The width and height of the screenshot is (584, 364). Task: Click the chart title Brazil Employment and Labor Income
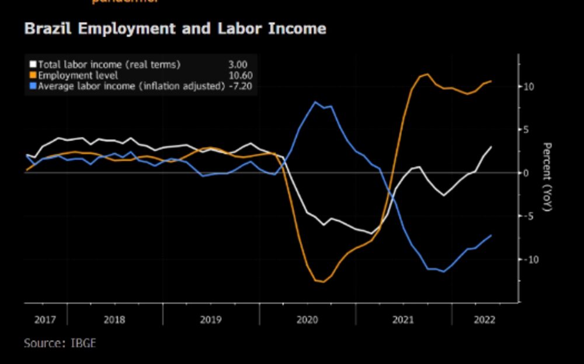click(175, 28)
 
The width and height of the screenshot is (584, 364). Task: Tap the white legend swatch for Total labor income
click(33, 64)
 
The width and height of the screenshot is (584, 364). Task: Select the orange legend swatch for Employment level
click(33, 75)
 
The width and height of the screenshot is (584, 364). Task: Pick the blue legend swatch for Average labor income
click(33, 87)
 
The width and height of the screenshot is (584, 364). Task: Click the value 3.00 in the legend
click(238, 64)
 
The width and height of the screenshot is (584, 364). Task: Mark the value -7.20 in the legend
click(240, 87)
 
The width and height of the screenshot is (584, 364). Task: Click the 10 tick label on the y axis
click(529, 87)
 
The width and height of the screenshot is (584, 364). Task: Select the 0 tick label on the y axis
click(526, 173)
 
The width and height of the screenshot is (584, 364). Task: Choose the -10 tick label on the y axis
click(530, 259)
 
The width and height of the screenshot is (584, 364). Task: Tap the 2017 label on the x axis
click(45, 320)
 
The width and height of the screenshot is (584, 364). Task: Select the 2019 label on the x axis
click(210, 320)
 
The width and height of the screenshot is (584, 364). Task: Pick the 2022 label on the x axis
click(484, 320)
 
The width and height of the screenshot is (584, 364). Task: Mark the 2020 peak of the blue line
click(315, 102)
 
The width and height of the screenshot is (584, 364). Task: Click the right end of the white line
click(491, 146)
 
